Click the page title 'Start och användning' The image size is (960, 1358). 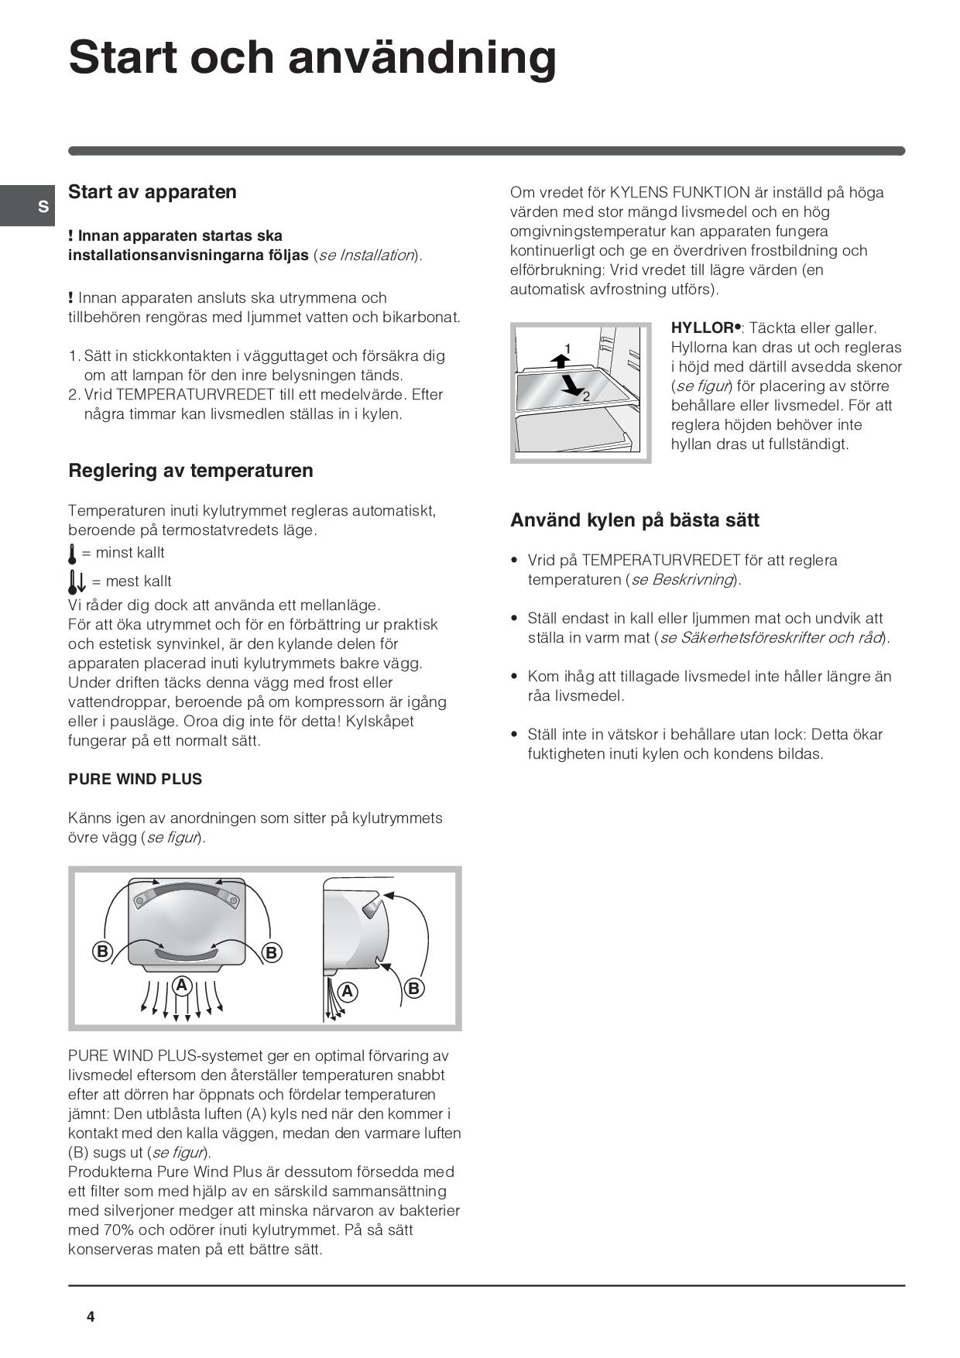click(312, 57)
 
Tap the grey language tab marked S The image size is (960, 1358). click(43, 207)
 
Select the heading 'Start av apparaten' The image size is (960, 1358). click(153, 192)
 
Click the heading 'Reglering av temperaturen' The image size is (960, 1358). click(190, 471)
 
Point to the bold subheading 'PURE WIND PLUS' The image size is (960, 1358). click(135, 780)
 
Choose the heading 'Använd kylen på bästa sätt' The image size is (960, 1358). click(634, 520)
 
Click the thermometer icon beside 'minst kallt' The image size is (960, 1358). click(72, 554)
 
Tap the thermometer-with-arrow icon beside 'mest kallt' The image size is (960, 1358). click(76, 581)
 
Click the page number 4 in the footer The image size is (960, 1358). click(91, 1317)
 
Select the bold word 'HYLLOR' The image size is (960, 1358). click(701, 328)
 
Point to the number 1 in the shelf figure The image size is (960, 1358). click(567, 348)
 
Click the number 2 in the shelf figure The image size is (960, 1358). click(586, 396)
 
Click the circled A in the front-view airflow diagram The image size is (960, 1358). click(182, 986)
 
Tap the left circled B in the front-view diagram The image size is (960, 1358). click(102, 952)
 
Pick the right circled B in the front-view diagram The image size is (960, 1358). click(271, 952)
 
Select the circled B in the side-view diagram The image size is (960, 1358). click(413, 988)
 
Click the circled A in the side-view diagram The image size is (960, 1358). click(348, 991)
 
